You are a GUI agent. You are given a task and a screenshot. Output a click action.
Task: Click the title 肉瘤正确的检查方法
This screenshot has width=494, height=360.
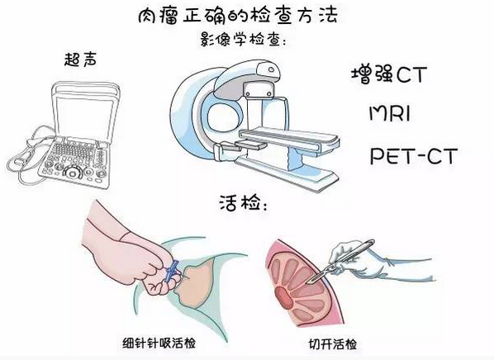click(238, 16)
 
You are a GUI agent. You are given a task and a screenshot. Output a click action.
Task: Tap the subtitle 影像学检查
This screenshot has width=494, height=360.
click(242, 40)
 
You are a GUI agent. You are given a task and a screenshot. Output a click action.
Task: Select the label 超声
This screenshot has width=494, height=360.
click(80, 59)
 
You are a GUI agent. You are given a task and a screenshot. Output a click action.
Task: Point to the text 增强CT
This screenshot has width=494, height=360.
click(389, 74)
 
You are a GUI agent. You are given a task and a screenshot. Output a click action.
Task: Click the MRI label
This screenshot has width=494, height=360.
click(389, 113)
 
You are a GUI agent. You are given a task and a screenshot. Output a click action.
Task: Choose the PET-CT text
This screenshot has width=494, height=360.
click(413, 156)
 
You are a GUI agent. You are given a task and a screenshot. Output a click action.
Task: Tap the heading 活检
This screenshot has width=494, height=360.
click(243, 202)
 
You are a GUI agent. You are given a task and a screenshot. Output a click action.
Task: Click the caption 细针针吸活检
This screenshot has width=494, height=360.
click(159, 343)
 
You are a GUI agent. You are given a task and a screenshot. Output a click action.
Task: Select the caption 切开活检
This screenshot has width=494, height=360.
click(332, 344)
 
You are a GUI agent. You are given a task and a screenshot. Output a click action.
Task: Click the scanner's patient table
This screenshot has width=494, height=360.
click(288, 139)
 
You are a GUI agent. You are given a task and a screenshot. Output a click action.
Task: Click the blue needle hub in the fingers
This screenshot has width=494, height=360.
click(172, 270)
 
